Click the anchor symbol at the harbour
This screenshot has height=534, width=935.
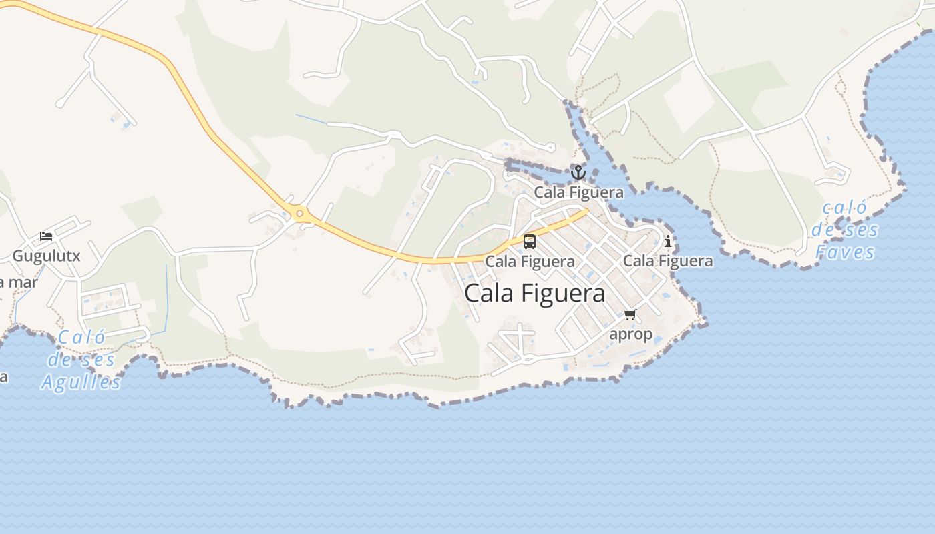(x=578, y=173)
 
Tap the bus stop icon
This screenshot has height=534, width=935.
(x=530, y=242)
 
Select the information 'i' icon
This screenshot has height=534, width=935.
(x=668, y=242)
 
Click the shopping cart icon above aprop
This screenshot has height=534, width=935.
(x=630, y=314)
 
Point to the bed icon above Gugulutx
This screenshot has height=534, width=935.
(x=46, y=236)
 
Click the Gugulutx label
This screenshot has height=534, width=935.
(x=47, y=256)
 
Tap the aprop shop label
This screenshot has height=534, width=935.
(x=630, y=334)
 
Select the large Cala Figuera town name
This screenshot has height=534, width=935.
(x=535, y=294)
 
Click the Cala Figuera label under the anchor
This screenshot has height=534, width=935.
(x=578, y=192)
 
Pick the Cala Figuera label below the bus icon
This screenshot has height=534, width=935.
(x=530, y=261)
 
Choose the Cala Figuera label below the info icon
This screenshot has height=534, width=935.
(x=668, y=260)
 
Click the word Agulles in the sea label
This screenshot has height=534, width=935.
(x=81, y=382)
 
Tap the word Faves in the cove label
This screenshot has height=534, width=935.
(x=846, y=252)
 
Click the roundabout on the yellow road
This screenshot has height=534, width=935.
(x=300, y=214)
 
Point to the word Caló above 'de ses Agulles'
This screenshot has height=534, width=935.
(x=81, y=338)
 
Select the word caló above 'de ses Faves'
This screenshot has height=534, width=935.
(x=844, y=208)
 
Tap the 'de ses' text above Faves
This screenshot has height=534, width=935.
(x=846, y=230)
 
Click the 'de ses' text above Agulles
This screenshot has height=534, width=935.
(x=81, y=360)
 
